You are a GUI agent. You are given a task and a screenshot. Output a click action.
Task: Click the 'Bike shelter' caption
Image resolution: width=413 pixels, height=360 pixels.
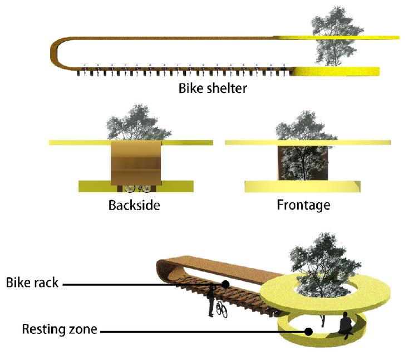coord(213,89)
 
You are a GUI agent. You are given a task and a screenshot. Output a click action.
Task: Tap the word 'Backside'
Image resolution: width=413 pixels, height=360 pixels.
coord(134,205)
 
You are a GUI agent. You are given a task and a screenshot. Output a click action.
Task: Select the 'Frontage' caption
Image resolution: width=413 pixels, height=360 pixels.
coord(303,205)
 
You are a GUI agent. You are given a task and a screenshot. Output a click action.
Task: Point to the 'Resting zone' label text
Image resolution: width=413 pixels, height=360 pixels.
coord(59,329)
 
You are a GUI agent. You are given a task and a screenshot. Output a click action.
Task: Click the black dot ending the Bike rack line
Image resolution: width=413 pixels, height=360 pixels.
coord(225,284)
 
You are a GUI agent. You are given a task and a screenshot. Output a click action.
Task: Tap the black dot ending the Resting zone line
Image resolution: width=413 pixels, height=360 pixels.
coord(308,331)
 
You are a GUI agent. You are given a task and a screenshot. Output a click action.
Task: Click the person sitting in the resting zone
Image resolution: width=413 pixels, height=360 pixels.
coord(346,325)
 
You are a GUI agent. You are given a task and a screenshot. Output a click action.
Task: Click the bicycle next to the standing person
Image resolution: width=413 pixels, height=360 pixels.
coord(222,308)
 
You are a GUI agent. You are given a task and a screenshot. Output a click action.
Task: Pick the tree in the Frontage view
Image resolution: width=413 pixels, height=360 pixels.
coord(303,150)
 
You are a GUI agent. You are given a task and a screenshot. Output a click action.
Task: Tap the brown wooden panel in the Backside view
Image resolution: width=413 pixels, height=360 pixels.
coord(135,163)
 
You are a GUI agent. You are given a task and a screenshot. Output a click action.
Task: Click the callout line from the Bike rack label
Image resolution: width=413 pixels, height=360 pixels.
coord(145,284)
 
